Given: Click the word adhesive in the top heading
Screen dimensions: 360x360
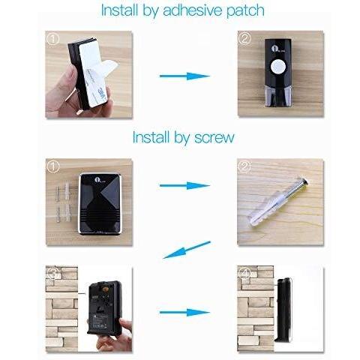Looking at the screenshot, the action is (x=193, y=10).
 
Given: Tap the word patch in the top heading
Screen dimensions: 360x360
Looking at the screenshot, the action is (x=245, y=11).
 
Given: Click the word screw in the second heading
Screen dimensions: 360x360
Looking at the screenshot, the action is (x=214, y=137).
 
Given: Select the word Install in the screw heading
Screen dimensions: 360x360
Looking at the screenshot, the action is (x=151, y=137).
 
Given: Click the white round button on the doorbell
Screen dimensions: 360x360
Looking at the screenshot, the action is (x=278, y=67).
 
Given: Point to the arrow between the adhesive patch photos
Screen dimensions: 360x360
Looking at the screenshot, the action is (x=184, y=76).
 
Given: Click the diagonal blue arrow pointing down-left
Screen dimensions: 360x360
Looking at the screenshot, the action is (x=187, y=250).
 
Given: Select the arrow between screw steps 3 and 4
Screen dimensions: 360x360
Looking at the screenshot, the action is (x=184, y=312).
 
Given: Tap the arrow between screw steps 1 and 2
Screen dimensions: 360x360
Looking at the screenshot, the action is (x=184, y=185).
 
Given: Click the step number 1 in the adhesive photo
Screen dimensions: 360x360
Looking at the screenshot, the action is (x=53, y=39).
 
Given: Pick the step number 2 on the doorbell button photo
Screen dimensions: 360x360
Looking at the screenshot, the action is (x=244, y=38).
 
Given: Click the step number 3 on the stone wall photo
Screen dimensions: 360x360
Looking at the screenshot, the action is (x=53, y=274).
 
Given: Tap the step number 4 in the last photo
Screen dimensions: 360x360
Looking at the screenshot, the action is (x=244, y=274).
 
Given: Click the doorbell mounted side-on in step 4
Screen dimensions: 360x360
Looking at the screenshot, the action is (x=283, y=310).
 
